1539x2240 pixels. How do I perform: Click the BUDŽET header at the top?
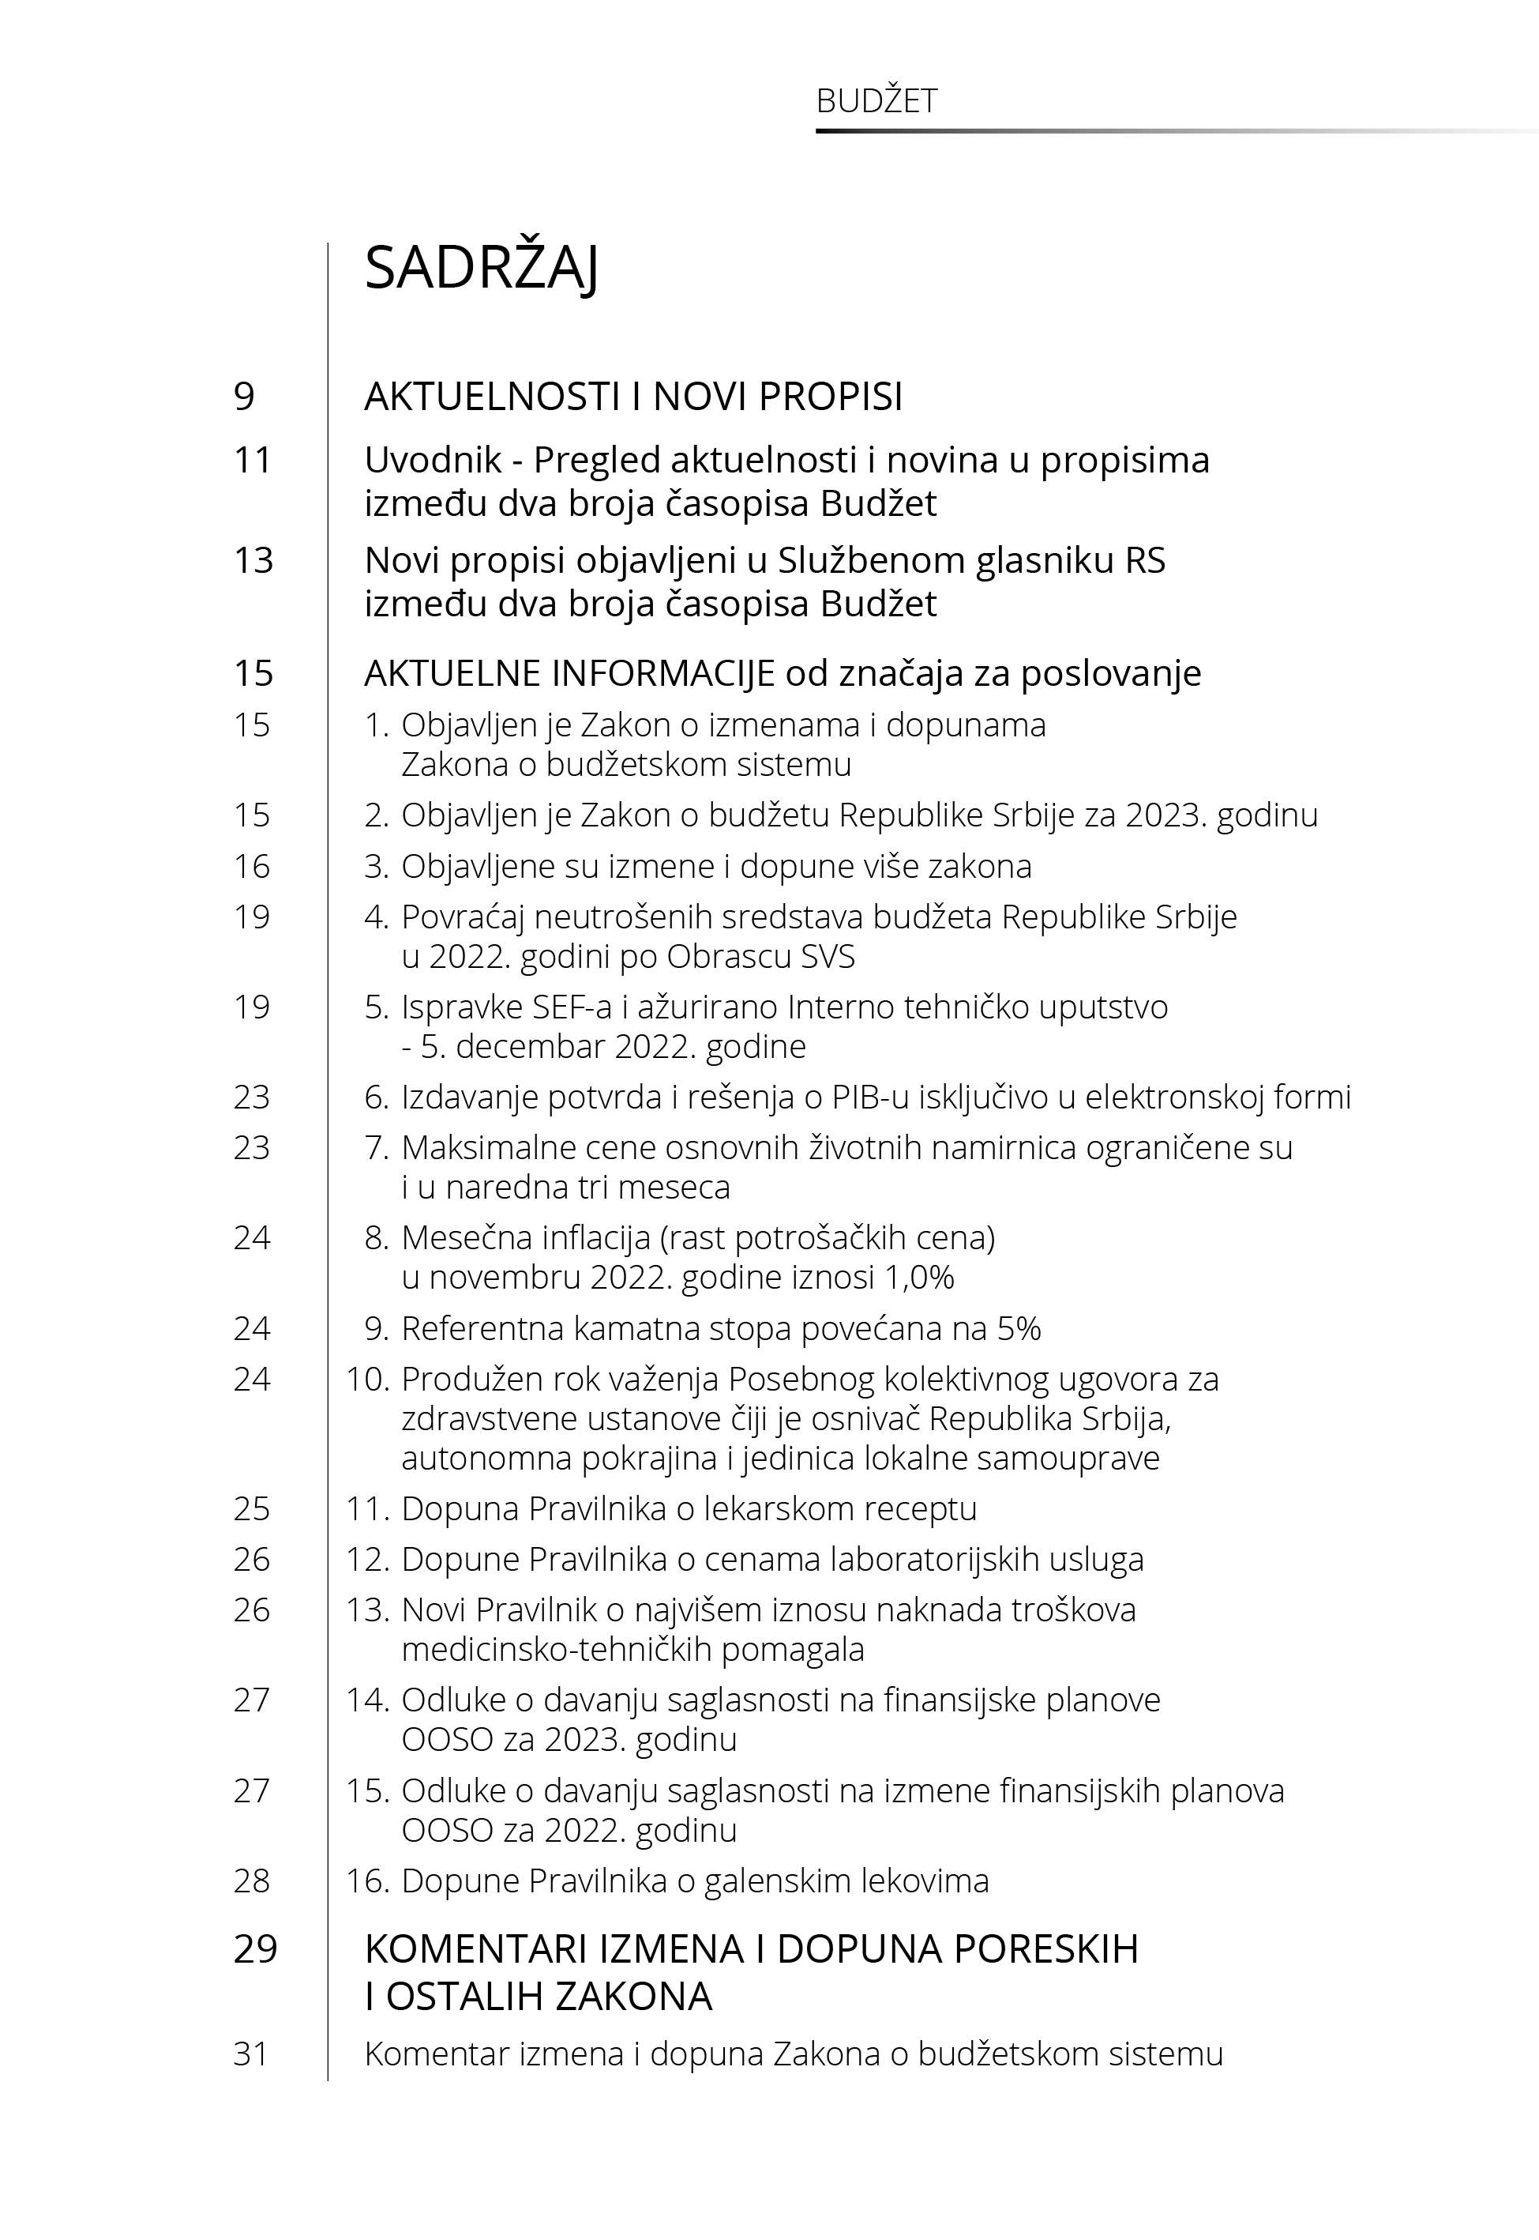[x=876, y=101]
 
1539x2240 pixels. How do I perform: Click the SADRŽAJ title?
[x=481, y=268]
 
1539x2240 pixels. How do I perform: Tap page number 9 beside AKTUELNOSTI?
[x=244, y=397]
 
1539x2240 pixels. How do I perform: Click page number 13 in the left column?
[x=253, y=560]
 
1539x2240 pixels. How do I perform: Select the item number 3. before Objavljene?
[x=376, y=866]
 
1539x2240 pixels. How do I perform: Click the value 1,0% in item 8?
[x=916, y=1278]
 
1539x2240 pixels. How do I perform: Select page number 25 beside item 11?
[x=252, y=1509]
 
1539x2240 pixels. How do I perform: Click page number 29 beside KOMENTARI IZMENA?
[x=256, y=1950]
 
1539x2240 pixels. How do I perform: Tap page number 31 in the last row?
[x=251, y=2054]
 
